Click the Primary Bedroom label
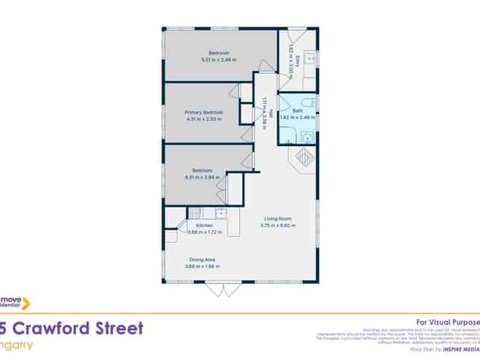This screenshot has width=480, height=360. (204, 112)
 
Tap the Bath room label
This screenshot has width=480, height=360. (297, 110)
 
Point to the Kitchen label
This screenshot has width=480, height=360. (204, 226)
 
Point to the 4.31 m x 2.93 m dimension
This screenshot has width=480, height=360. (204, 118)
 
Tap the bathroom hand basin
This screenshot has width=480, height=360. (307, 136)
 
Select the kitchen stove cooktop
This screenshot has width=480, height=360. (195, 213)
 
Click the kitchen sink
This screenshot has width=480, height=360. (218, 213)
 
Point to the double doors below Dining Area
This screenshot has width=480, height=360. (224, 289)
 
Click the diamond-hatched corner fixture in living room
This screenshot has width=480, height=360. (304, 157)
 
